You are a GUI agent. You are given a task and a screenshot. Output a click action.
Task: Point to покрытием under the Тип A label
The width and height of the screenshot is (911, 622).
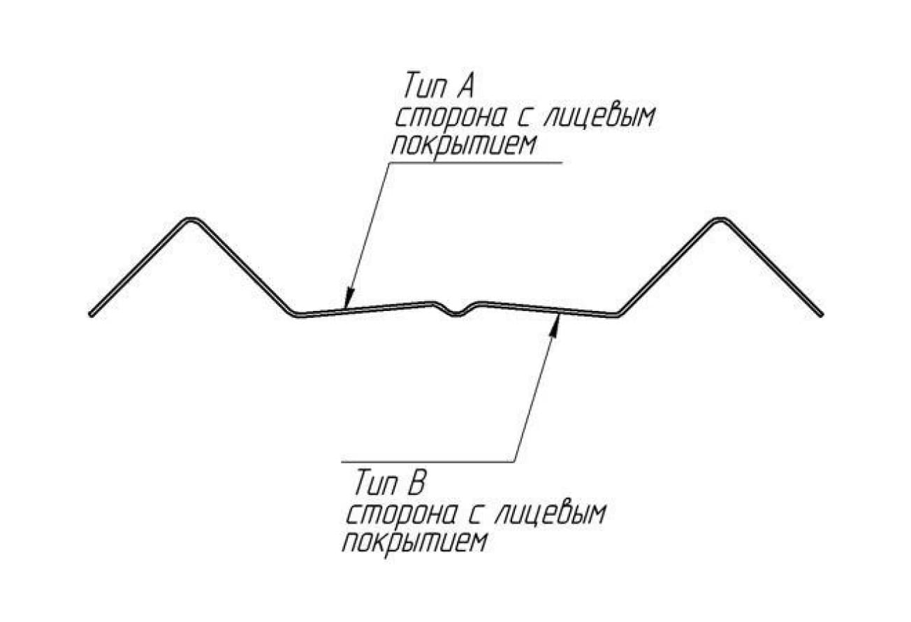tap(464, 145)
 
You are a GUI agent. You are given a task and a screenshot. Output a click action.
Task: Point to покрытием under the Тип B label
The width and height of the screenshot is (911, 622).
tap(415, 542)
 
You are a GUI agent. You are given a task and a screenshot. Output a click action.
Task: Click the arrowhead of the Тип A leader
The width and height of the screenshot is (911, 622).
tap(349, 298)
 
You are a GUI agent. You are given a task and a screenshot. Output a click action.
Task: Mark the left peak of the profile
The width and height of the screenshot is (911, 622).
tap(191, 220)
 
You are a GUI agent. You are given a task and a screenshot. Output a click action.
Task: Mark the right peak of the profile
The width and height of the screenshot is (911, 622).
tap(720, 220)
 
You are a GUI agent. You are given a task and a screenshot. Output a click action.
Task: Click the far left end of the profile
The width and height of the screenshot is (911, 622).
tap(92, 314)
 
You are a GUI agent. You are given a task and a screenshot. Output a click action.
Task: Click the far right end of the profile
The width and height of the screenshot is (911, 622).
tap(820, 314)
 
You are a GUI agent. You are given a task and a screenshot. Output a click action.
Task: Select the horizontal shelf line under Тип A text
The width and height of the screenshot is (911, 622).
tap(475, 163)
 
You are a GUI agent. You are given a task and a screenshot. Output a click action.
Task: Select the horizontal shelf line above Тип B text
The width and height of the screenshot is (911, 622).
tap(428, 462)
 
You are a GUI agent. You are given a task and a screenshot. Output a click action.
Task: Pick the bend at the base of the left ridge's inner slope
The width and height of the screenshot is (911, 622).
tap(296, 314)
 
